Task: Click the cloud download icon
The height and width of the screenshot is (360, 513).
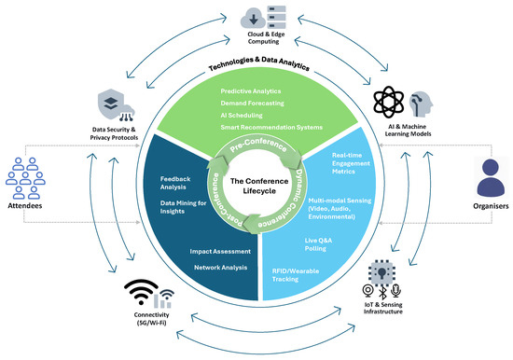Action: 253,19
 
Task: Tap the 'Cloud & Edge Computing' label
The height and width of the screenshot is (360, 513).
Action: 265,37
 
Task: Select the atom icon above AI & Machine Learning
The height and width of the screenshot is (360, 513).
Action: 389,102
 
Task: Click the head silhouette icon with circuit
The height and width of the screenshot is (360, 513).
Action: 421,104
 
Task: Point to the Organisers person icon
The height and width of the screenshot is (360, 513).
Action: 491,177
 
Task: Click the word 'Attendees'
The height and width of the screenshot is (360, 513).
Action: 25,206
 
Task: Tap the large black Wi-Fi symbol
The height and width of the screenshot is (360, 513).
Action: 141,292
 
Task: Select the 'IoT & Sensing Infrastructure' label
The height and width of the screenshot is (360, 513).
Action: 382,308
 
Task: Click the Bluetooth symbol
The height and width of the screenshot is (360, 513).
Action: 382,292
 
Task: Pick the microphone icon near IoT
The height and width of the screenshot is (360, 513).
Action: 395,291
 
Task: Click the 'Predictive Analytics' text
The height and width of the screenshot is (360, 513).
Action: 251,91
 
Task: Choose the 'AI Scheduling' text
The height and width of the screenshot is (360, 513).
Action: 242,116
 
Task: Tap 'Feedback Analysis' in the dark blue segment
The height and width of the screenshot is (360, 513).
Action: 175,183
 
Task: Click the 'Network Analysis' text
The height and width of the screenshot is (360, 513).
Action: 220,268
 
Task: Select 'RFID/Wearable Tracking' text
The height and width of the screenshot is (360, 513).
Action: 296,275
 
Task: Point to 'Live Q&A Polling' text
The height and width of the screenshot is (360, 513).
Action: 318,244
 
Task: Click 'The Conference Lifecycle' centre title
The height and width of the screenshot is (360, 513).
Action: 259,186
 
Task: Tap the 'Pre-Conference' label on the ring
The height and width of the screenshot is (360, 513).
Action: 257,145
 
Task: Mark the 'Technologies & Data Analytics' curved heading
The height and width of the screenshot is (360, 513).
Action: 259,62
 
